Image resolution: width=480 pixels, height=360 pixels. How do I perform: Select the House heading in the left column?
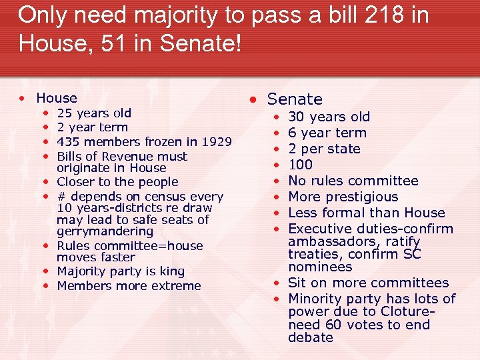coord(57,98)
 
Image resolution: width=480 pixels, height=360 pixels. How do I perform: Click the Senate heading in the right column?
coord(295,99)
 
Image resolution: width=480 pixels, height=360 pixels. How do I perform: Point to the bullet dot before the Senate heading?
coord(254,100)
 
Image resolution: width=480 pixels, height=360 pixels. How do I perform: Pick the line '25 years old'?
coord(94,113)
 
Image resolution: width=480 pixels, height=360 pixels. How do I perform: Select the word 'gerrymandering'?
coord(105,231)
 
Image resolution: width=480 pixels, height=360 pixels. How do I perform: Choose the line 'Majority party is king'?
coord(121,271)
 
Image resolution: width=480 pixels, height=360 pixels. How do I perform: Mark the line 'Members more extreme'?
coord(129,286)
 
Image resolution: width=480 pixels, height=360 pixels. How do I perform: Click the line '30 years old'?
coord(329,117)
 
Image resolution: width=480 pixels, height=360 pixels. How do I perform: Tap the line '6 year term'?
coord(327,133)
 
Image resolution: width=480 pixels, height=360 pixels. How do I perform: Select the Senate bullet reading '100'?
coord(300,165)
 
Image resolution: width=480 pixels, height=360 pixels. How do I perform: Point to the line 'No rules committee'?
coord(353,181)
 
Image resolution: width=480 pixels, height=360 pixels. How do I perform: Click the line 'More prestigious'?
coord(343,197)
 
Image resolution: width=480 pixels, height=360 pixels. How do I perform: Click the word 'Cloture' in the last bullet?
coord(407,312)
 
